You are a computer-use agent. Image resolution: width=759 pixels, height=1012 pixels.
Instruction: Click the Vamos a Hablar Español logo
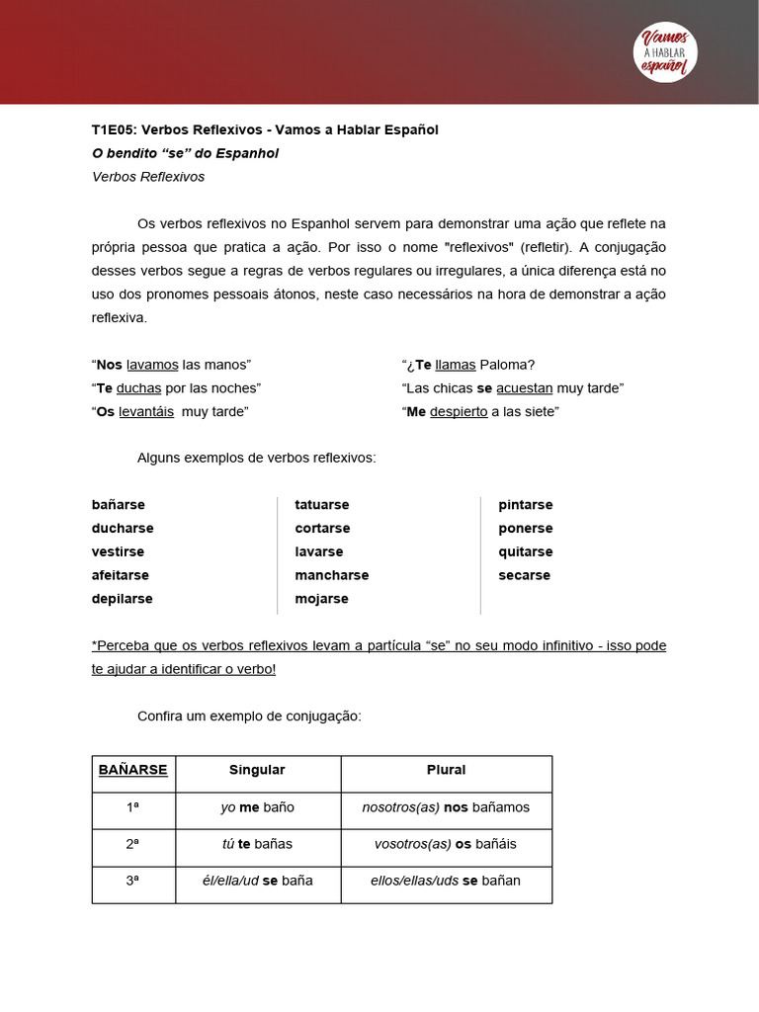(x=664, y=51)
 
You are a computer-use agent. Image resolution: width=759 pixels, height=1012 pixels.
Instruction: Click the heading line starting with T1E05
(x=265, y=129)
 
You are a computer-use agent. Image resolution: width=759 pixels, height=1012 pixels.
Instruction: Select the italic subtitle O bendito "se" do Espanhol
(x=185, y=153)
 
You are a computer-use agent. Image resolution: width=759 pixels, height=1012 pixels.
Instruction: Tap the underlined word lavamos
(x=152, y=364)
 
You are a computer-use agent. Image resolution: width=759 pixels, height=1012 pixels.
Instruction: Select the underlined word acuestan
(x=524, y=387)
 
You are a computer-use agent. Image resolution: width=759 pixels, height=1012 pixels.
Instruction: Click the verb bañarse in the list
(x=119, y=504)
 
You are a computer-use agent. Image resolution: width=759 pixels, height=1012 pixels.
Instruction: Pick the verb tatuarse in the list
(x=322, y=504)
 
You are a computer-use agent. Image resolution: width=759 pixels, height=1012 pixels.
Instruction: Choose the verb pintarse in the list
(x=526, y=504)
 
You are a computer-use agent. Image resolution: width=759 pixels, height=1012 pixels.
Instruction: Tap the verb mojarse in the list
(x=321, y=599)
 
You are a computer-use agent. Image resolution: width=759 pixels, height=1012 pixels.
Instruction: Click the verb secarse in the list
(x=525, y=575)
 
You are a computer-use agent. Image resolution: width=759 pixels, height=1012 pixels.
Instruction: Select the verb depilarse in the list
(x=123, y=599)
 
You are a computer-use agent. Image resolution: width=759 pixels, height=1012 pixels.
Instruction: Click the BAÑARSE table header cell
(x=133, y=770)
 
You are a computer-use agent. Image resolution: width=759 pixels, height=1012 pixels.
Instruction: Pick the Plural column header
(x=446, y=770)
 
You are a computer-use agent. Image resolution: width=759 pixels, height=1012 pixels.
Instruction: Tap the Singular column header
(x=257, y=770)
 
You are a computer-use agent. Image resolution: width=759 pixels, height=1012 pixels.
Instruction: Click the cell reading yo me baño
(x=257, y=807)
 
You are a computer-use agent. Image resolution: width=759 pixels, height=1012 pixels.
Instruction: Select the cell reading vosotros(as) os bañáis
(x=446, y=844)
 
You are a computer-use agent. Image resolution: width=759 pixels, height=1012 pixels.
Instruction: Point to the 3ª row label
(x=133, y=881)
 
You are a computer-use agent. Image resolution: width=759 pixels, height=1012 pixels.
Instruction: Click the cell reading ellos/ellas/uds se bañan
(x=446, y=881)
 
